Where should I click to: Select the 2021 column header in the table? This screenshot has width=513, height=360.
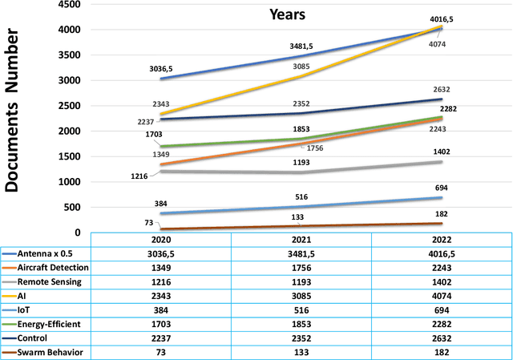pos(301,239)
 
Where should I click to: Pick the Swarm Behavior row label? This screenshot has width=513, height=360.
pos(47,352)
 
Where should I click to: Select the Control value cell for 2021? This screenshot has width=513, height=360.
pos(301,338)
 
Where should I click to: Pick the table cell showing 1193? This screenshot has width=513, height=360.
pos(301,281)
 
